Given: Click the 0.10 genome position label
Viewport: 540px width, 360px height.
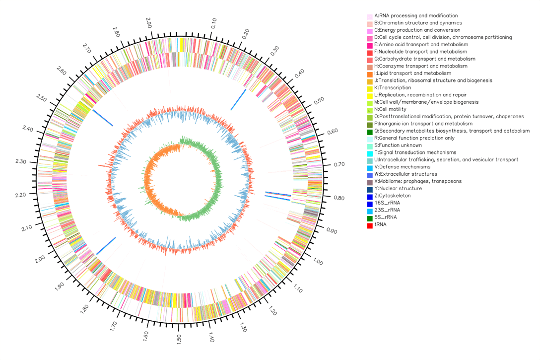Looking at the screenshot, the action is pyautogui.click(x=213, y=23).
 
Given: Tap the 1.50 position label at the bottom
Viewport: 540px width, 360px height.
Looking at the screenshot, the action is pyautogui.click(x=178, y=339).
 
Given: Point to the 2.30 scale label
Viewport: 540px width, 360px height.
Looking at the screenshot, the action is pyautogui.click(x=21, y=161).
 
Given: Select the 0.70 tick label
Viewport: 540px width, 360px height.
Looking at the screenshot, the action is pyautogui.click(x=339, y=164).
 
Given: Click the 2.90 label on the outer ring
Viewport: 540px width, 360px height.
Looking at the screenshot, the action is pyautogui.click(x=149, y=23).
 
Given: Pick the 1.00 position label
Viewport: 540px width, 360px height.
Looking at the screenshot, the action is pyautogui.click(x=318, y=262).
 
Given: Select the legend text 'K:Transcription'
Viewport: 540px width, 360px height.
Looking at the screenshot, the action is pyautogui.click(x=393, y=87).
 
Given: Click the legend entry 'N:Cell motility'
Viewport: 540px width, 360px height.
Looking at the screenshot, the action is pyautogui.click(x=390, y=109).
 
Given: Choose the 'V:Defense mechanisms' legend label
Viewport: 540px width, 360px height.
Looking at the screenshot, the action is pyautogui.click(x=402, y=167).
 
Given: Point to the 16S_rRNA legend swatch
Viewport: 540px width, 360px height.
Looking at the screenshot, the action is pyautogui.click(x=370, y=203).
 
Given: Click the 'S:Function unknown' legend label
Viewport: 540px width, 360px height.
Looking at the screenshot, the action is pyautogui.click(x=398, y=145).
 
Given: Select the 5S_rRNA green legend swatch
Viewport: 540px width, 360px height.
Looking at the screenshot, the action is pyautogui.click(x=370, y=217).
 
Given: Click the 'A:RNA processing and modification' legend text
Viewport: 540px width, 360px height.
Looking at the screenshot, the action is pyautogui.click(x=416, y=15).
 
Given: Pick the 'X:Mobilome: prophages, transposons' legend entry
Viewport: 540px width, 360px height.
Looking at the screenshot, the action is pyautogui.click(x=418, y=181).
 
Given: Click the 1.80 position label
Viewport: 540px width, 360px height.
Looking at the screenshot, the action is pyautogui.click(x=84, y=309).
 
